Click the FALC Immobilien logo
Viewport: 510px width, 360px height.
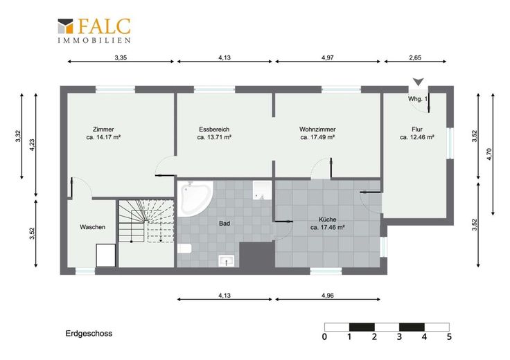[x=94, y=30]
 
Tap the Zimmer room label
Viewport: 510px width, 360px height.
[x=103, y=133]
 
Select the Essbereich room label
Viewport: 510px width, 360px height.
[x=214, y=133]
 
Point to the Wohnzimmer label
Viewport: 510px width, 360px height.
[x=317, y=133]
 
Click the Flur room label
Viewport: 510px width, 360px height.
[x=417, y=133]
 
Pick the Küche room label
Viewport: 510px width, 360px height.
[x=328, y=223]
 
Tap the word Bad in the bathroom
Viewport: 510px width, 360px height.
[x=225, y=224]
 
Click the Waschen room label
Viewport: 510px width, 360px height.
[x=92, y=227]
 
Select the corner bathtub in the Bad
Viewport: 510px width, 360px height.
[x=195, y=198]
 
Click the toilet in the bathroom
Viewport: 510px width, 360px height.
[x=184, y=249]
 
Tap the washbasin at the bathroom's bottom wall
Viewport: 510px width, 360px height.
[x=227, y=260]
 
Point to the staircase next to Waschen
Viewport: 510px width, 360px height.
[x=146, y=221]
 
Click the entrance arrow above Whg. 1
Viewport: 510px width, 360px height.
[x=419, y=82]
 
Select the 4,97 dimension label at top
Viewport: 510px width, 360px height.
[x=328, y=57]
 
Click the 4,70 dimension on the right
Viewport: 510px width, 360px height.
[x=489, y=154]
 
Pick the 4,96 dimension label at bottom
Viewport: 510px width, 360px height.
[x=328, y=296]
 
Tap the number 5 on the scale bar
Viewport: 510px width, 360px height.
[x=449, y=336]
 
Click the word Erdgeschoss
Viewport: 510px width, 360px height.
[x=89, y=334]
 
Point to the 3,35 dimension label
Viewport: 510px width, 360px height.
[x=121, y=57]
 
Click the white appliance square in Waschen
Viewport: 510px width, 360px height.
[x=106, y=255]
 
